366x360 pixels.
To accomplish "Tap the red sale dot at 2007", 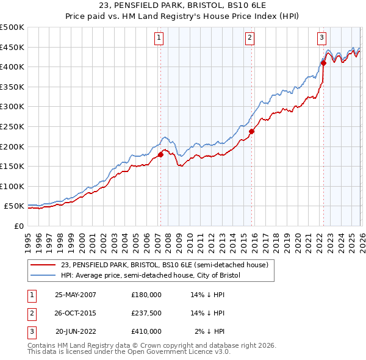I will (161, 154).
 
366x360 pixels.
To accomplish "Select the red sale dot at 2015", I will (251, 130).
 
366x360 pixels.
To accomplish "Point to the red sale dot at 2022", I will (323, 62).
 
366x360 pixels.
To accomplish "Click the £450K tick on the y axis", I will (12, 48).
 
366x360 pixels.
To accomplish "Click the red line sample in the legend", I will (43, 265).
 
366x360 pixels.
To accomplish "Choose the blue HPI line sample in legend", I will (43, 275).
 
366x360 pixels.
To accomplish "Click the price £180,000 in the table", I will (146, 294).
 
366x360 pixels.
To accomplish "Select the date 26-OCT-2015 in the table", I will (76, 312).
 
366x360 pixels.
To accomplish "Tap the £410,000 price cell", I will (146, 331).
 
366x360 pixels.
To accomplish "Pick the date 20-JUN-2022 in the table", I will (76, 331).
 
